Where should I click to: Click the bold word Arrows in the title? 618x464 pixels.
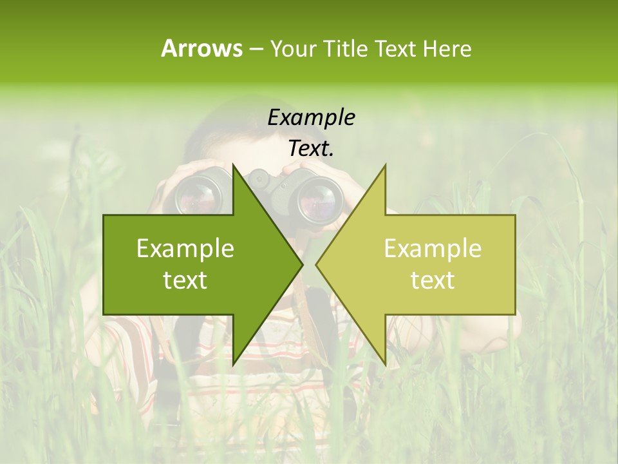point(201,48)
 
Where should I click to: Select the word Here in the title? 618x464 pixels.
point(446,49)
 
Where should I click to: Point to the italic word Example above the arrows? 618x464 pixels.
point(311,117)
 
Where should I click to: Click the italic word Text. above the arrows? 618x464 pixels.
point(311,148)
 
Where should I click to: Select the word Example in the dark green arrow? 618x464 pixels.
point(185,248)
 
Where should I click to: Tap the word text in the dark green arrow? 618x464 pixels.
point(185,280)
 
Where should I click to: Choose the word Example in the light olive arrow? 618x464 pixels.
point(433,248)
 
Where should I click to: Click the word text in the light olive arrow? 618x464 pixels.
point(433,280)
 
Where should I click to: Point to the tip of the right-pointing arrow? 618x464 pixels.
point(303,264)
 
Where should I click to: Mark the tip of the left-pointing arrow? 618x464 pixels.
point(316,264)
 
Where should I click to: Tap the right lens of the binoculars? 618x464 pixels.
point(320,196)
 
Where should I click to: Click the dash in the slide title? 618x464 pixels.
point(256,49)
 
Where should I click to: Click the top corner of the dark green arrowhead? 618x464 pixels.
point(233,165)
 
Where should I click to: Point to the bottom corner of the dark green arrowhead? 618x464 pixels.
point(233,364)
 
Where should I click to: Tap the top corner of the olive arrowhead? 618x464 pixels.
point(386,165)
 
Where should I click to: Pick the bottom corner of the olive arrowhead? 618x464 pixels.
point(386,364)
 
